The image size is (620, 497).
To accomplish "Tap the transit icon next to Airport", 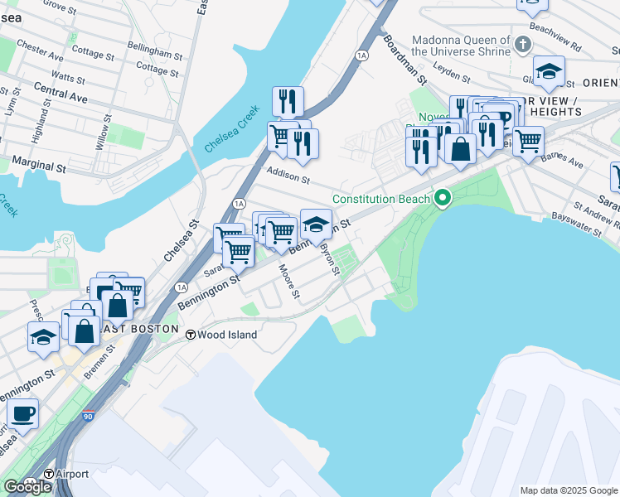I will pos(48,474).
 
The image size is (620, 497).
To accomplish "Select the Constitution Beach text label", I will pos(381,199).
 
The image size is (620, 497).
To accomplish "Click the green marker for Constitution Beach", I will pos(443,198).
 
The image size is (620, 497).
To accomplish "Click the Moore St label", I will pos(289,282).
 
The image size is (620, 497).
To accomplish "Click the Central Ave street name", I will pos(61,91).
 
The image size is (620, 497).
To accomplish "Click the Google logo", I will pos(27,487).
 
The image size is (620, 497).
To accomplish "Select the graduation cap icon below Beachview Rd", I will pos(549,72).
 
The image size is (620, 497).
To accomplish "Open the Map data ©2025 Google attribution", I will pos(569,490).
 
